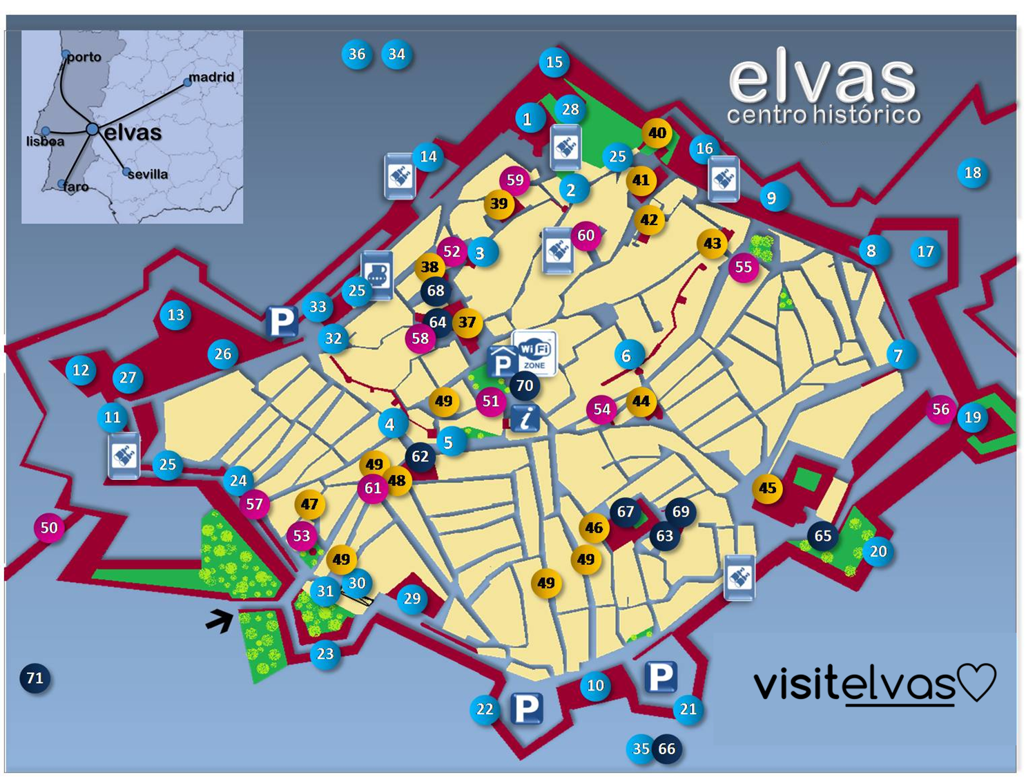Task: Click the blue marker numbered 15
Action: (554, 62)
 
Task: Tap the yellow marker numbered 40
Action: (657, 133)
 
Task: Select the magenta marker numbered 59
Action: (514, 180)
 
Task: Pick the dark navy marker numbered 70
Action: (525, 385)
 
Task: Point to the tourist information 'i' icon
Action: (525, 418)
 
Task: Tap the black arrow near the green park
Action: (220, 620)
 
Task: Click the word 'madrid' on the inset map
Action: (211, 77)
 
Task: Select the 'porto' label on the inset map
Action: (84, 57)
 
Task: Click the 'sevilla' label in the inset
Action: (148, 174)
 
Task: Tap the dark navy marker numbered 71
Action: (35, 678)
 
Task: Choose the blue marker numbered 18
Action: (972, 173)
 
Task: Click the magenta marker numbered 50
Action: (49, 528)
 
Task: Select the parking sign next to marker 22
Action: (526, 708)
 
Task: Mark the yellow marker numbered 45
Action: (767, 488)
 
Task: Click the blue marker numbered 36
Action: (357, 54)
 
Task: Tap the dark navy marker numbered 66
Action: (666, 749)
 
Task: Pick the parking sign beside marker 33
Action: (282, 321)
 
